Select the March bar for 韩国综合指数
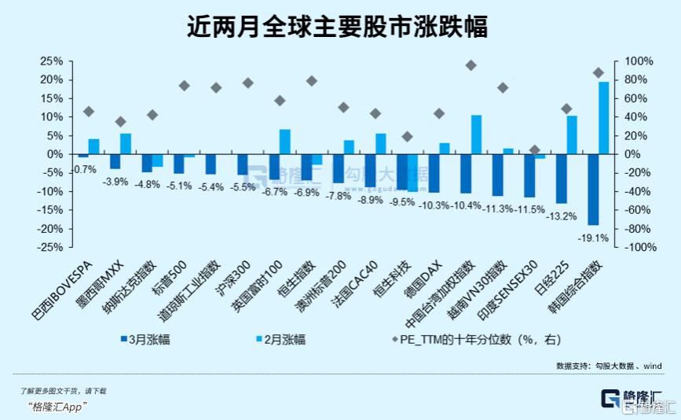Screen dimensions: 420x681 pos(593,190)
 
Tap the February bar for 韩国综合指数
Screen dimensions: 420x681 pos(604,118)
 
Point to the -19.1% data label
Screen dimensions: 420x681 pos(593,237)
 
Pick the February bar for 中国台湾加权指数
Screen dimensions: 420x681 pos(476,134)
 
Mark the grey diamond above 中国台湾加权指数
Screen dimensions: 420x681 pos(470,65)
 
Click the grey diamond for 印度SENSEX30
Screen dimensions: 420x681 pos(535,149)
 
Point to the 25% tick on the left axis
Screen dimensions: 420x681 pos(51,61)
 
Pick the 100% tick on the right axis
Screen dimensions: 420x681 pos(635,61)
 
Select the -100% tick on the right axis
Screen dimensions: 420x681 pos(637,247)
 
